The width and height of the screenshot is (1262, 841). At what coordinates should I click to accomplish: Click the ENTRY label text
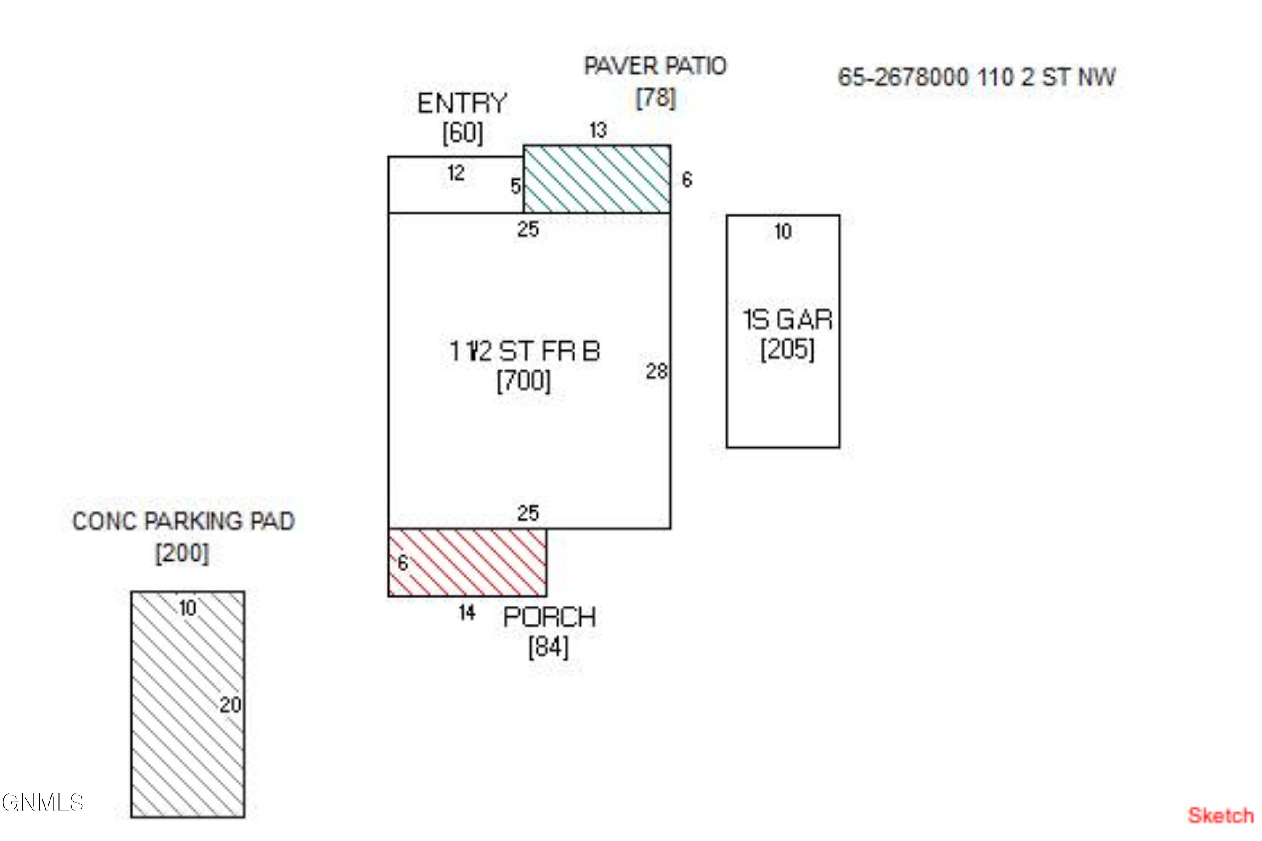point(462,103)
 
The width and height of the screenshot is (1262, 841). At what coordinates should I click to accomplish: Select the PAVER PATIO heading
point(655,66)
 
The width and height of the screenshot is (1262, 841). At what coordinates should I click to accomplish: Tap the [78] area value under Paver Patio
point(656,98)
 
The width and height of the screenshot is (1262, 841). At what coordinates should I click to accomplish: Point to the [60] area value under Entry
point(462,132)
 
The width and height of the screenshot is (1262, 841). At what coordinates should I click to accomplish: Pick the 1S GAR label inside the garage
point(787,320)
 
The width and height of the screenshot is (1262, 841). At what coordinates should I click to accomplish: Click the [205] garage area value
point(787,349)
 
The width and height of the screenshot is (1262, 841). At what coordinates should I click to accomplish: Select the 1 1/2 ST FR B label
point(524,352)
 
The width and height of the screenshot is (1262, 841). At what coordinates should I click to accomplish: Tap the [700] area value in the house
point(524,381)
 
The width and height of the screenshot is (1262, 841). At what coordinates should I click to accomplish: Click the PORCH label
point(549,617)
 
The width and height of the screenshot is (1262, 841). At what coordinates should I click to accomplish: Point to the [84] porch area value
point(549,646)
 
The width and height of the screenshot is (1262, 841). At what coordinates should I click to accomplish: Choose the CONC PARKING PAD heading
point(183,521)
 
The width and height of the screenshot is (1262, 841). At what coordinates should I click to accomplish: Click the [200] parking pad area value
point(183,553)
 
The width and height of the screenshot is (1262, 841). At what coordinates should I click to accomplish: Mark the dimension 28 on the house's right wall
point(656,371)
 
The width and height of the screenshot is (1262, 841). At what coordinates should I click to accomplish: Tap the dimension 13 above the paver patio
point(598,130)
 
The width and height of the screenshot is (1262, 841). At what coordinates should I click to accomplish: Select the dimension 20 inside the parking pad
point(230,705)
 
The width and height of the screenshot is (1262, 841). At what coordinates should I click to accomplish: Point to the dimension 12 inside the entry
point(456,173)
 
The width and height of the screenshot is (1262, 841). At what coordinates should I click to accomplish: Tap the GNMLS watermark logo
point(43,802)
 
